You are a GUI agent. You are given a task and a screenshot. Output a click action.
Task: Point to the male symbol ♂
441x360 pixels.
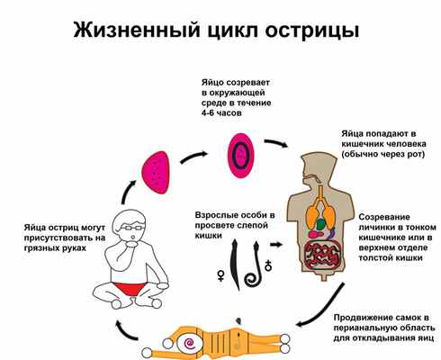point(267,265)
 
